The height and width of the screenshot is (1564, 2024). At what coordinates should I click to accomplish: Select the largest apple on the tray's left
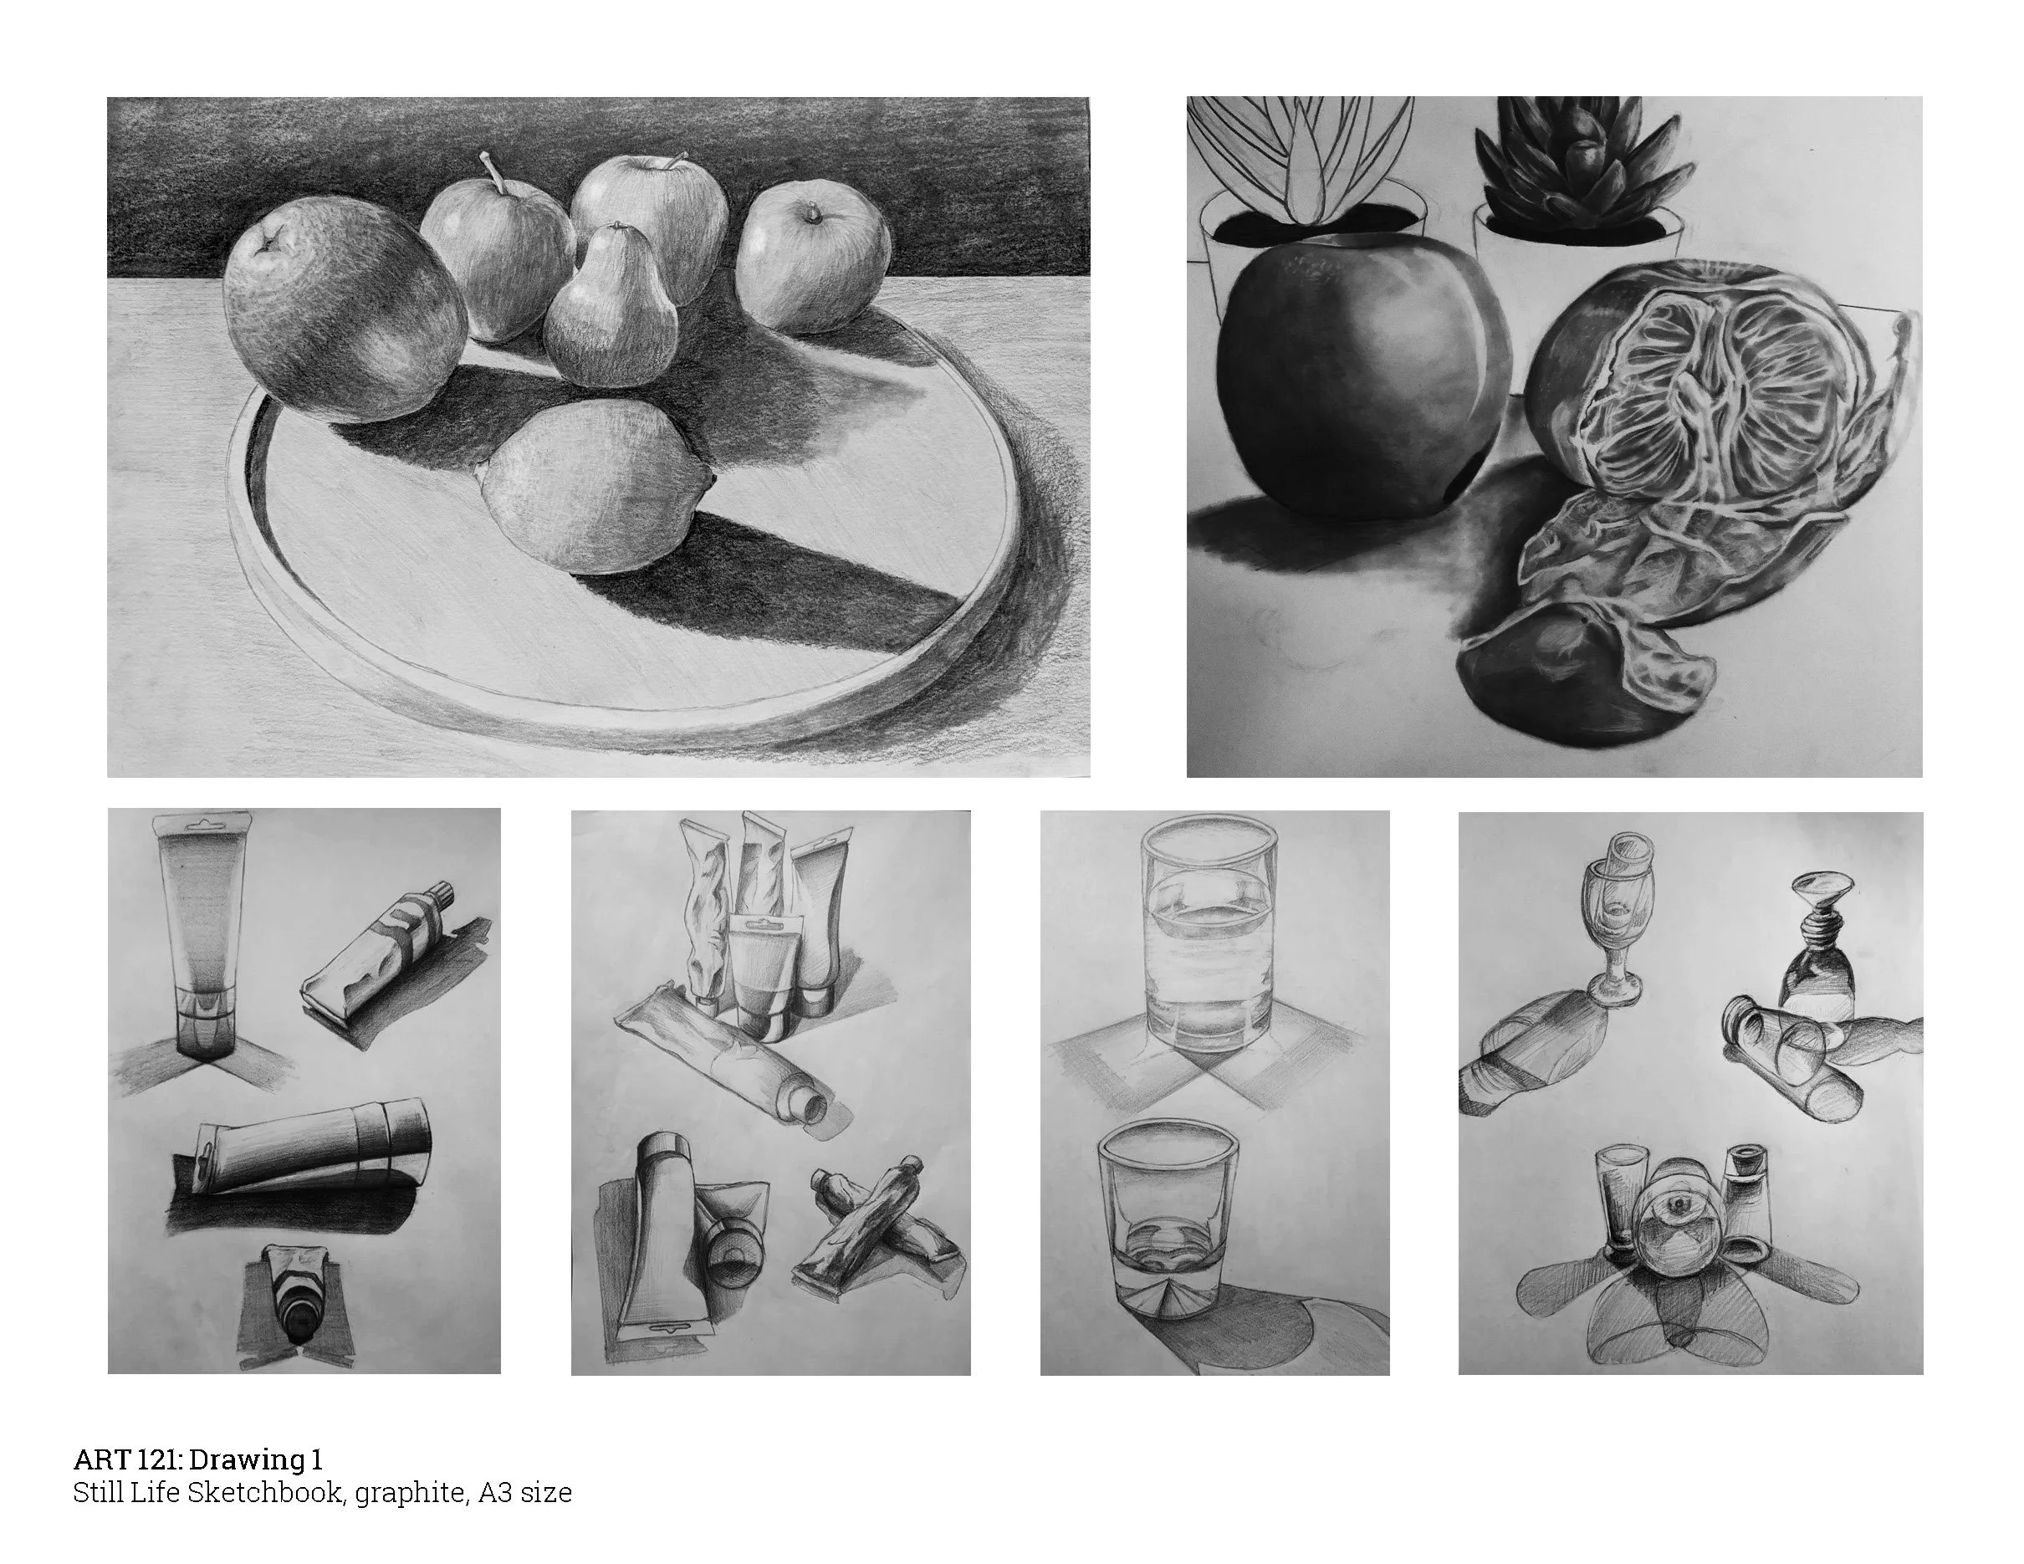click(x=345, y=310)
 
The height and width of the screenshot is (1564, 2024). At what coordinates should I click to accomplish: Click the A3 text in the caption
click(x=493, y=1493)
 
